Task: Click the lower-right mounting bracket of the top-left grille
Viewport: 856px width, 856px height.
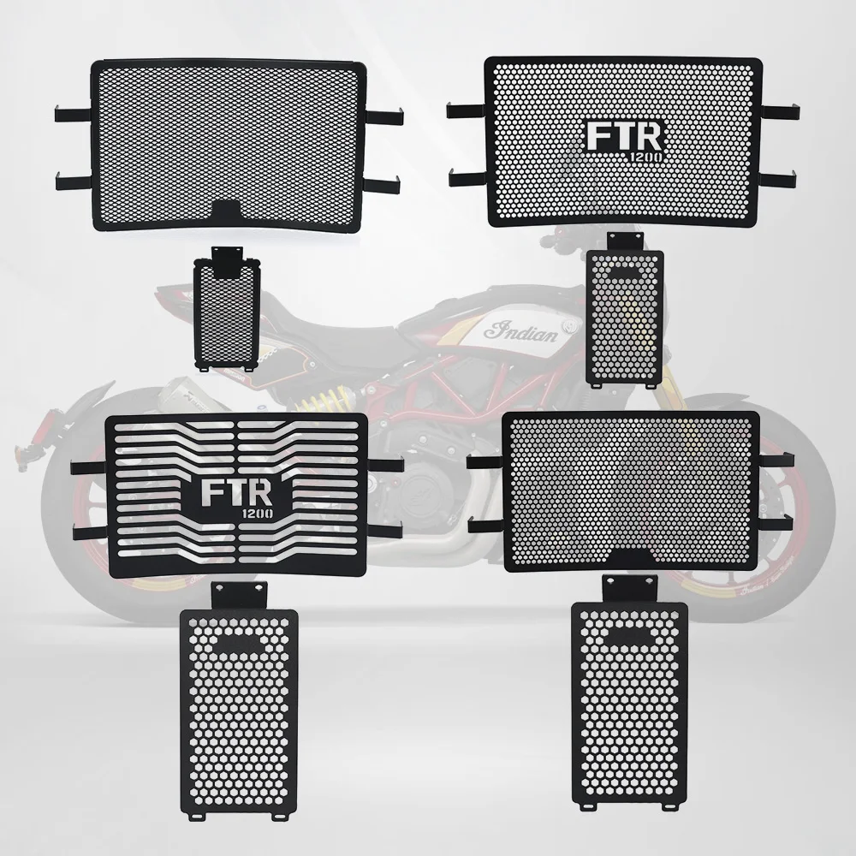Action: pyautogui.click(x=386, y=179)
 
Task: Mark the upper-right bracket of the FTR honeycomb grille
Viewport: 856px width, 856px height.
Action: pyautogui.click(x=782, y=111)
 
